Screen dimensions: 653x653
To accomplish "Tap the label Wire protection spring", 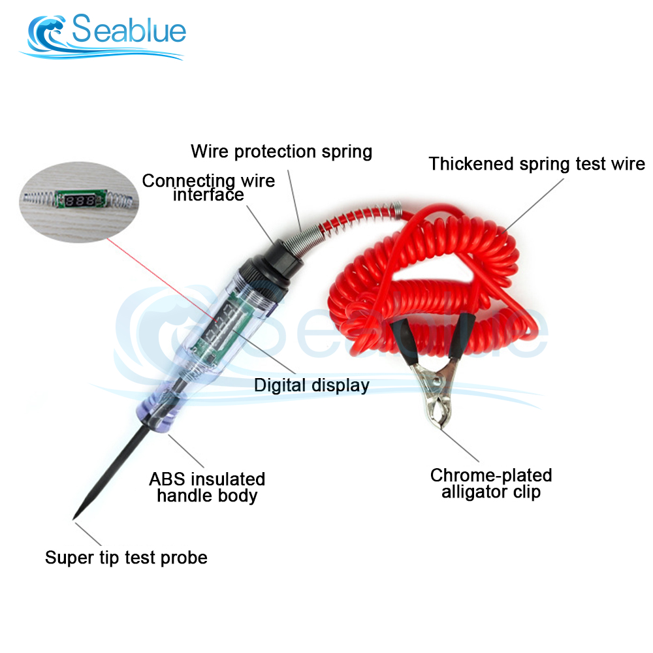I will pos(281,151).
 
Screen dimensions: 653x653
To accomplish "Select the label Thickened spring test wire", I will pos(537,163).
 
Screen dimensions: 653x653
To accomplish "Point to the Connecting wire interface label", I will pos(208,187).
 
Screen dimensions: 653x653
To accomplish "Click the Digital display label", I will pos(311,385).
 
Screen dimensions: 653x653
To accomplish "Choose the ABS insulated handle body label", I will pos(207,487).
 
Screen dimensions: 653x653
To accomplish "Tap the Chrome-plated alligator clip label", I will pos(491,483).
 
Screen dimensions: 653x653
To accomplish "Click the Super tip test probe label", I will pos(126,558).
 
